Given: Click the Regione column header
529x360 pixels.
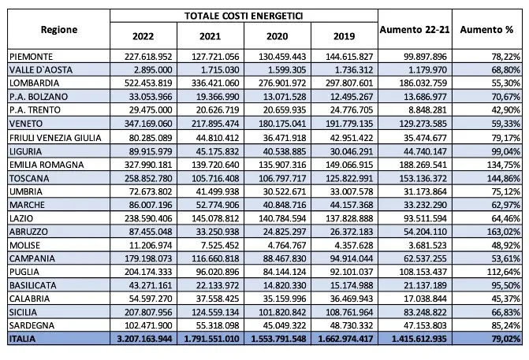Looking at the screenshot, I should (58, 30).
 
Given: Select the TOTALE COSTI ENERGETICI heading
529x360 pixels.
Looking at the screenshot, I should (244, 16).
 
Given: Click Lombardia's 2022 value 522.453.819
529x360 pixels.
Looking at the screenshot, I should (145, 81).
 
